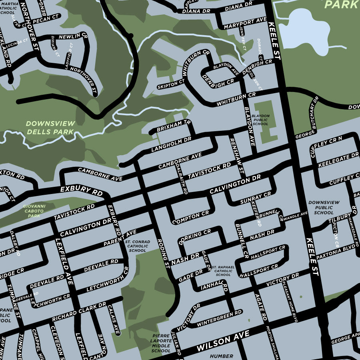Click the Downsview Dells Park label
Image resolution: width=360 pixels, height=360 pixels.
click(50, 128)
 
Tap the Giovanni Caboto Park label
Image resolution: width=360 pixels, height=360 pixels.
click(34, 211)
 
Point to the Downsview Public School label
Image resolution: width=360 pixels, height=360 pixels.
click(324, 208)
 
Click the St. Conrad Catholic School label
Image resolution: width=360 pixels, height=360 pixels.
click(138, 246)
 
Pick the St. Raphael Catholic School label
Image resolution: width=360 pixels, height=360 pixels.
click(223, 271)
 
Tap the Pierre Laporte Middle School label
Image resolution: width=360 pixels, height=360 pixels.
click(161, 343)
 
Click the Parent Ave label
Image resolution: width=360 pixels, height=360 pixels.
click(120, 239)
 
